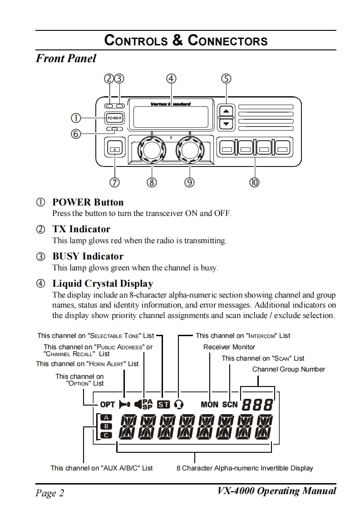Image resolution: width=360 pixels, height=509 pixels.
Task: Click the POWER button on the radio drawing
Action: [x=114, y=118]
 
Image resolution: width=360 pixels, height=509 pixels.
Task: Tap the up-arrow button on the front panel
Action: [x=226, y=111]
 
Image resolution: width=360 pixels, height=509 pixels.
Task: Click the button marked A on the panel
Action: [x=115, y=149]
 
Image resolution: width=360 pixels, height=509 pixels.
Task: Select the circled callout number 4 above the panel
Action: [x=171, y=78]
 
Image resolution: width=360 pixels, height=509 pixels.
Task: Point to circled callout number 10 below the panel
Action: [x=254, y=182]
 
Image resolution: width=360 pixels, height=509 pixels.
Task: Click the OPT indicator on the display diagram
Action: [x=108, y=404]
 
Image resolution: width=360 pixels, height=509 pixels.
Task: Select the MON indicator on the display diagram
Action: [x=209, y=404]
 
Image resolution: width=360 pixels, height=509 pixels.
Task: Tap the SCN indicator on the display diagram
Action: [x=230, y=404]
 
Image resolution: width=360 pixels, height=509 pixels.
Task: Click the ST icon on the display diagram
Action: [x=163, y=404]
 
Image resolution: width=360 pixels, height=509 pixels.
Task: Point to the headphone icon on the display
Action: [x=179, y=404]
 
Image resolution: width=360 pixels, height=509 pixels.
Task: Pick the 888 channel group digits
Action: [x=257, y=404]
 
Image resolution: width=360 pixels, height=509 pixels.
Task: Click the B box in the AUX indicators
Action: [x=106, y=426]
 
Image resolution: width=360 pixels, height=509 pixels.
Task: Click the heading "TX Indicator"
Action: [x=81, y=229]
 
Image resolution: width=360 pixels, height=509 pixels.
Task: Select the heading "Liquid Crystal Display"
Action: [x=103, y=284]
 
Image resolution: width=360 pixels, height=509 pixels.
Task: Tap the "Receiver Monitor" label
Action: [x=229, y=347]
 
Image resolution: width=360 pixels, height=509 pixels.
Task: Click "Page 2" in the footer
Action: [x=50, y=493]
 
